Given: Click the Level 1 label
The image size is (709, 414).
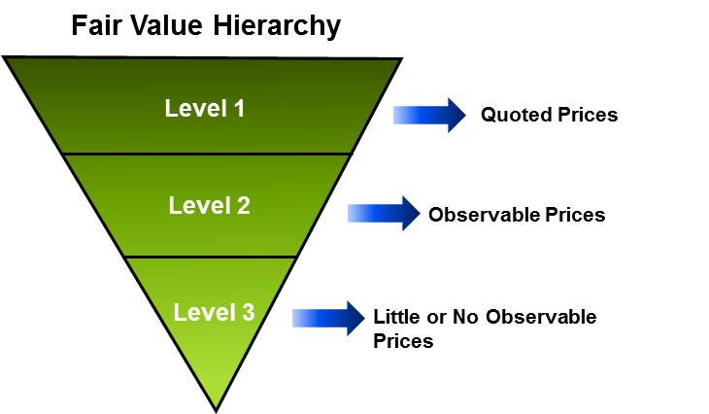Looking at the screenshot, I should tap(205, 108).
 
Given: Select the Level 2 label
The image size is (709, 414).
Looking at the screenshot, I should tap(209, 206).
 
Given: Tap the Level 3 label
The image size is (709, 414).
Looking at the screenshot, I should tap(214, 313).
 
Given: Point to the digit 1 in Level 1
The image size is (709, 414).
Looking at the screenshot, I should tap(239, 108).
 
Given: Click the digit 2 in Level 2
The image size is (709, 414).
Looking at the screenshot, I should tap(243, 206).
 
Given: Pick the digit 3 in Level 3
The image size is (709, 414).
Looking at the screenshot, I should tap(248, 313).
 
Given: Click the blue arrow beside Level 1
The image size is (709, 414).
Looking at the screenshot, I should tap(428, 115).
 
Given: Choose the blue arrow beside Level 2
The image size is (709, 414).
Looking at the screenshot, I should tap(383, 213).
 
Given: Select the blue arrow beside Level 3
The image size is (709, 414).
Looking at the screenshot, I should tap(327, 318).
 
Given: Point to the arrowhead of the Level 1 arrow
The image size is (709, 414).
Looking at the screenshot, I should tap(456, 115).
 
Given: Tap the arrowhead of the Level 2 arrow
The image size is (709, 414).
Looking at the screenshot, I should tap(411, 213).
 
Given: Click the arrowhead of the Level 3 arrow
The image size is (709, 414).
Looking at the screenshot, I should tap(355, 318).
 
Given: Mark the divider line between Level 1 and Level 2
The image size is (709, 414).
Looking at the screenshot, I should tap(206, 154).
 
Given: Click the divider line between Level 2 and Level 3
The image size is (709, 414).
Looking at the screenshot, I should tap(211, 257).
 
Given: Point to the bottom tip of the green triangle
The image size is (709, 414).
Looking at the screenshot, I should tap(216, 405).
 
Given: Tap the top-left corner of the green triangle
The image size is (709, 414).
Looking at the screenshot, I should tap(9, 60).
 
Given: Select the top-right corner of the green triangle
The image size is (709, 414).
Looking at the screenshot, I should tap(396, 62).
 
